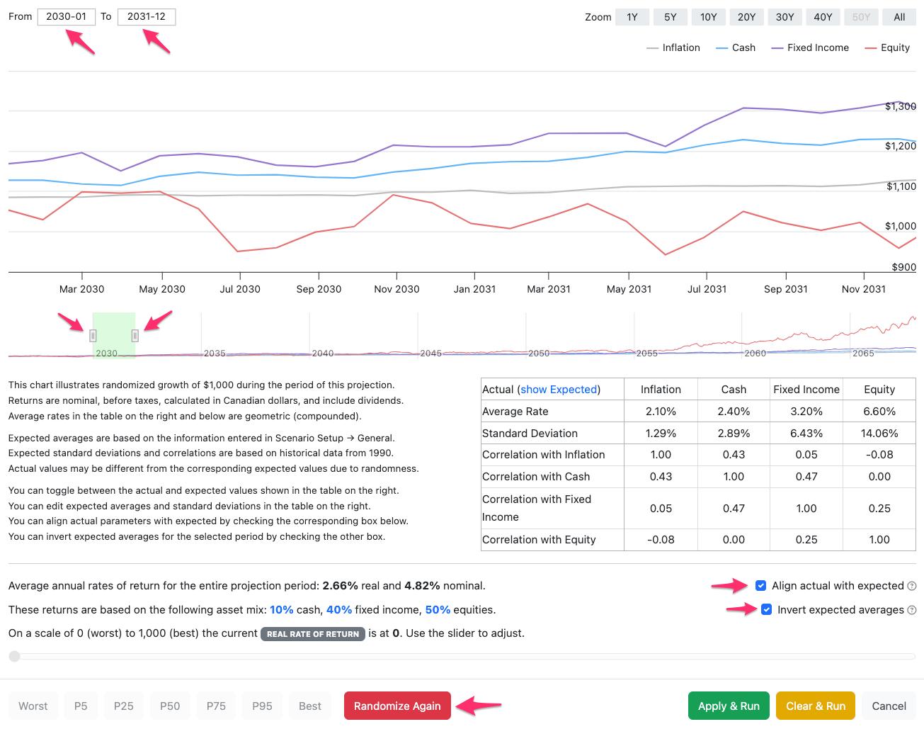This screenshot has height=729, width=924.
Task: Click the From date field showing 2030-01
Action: point(66,17)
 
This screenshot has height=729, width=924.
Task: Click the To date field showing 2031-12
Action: point(147,17)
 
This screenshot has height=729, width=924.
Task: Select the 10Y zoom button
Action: point(708,17)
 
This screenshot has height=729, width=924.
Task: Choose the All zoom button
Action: point(899,17)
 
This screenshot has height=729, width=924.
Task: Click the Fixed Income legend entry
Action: point(810,47)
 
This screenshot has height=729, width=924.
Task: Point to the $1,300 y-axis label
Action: point(901,106)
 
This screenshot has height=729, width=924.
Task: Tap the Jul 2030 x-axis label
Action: point(240,289)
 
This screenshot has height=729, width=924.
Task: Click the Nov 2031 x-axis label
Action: point(863,289)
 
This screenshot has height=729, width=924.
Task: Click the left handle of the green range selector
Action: point(93,336)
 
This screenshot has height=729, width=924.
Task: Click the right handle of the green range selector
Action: point(135,336)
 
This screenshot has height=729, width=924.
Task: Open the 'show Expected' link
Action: point(559,389)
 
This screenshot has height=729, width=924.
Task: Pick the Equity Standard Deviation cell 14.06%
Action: point(879,433)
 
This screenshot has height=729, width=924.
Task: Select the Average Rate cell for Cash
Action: point(734,411)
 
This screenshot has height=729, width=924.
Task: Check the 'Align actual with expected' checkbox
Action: point(760,585)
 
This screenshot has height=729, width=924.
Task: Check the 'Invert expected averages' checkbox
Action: point(766,609)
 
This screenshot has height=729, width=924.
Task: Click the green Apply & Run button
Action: point(728,706)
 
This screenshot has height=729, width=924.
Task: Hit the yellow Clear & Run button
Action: point(816,706)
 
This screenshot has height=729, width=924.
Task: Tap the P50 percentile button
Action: point(170,706)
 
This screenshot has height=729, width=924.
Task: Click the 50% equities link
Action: point(438,609)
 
